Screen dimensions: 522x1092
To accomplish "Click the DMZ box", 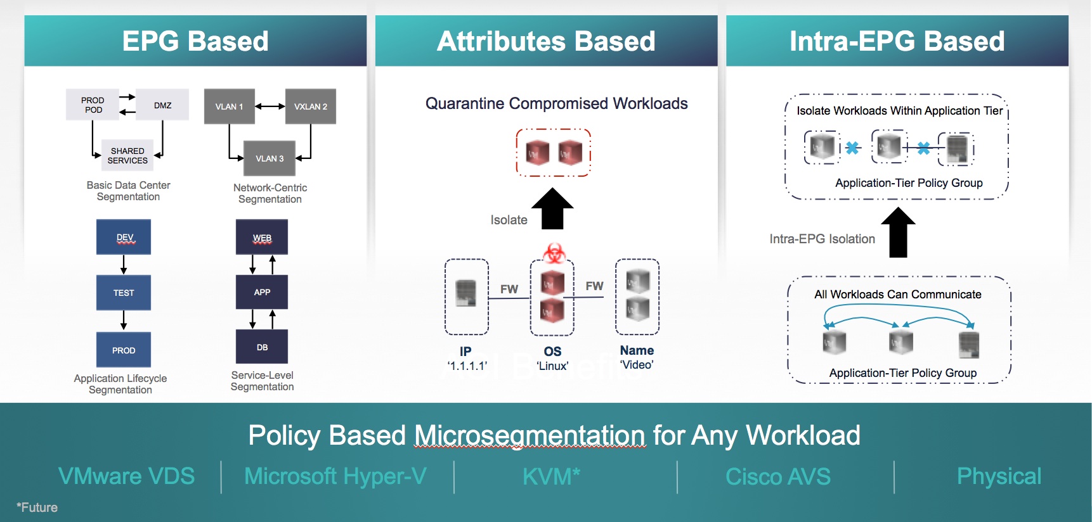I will pyautogui.click(x=163, y=105).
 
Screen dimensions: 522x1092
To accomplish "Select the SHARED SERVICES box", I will pyautogui.click(x=127, y=156).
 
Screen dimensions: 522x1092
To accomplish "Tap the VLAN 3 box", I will pyautogui.click(x=270, y=158).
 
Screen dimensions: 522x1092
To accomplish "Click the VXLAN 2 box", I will pyautogui.click(x=311, y=106).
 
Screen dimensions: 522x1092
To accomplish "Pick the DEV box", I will pyautogui.click(x=124, y=237).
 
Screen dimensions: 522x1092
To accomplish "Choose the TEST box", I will pyautogui.click(x=124, y=293).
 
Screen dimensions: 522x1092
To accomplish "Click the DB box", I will pyautogui.click(x=262, y=347).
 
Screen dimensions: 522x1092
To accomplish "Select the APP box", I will pyautogui.click(x=262, y=292).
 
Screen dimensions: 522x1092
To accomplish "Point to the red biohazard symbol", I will pyautogui.click(x=554, y=253).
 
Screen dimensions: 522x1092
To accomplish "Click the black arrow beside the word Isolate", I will pyautogui.click(x=552, y=208).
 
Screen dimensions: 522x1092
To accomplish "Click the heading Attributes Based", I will pyautogui.click(x=546, y=41).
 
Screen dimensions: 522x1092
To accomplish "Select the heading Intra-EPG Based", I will pyautogui.click(x=897, y=41).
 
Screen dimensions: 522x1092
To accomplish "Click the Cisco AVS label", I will pyautogui.click(x=777, y=476).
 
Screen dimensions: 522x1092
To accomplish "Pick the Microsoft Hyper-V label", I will pyautogui.click(x=335, y=476).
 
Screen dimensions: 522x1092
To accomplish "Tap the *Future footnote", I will pyautogui.click(x=37, y=507).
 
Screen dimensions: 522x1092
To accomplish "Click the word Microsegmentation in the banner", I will pyautogui.click(x=530, y=436).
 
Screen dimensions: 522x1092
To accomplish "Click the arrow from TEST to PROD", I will pyautogui.click(x=124, y=320).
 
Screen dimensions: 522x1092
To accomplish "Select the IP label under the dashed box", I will pyautogui.click(x=465, y=352).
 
